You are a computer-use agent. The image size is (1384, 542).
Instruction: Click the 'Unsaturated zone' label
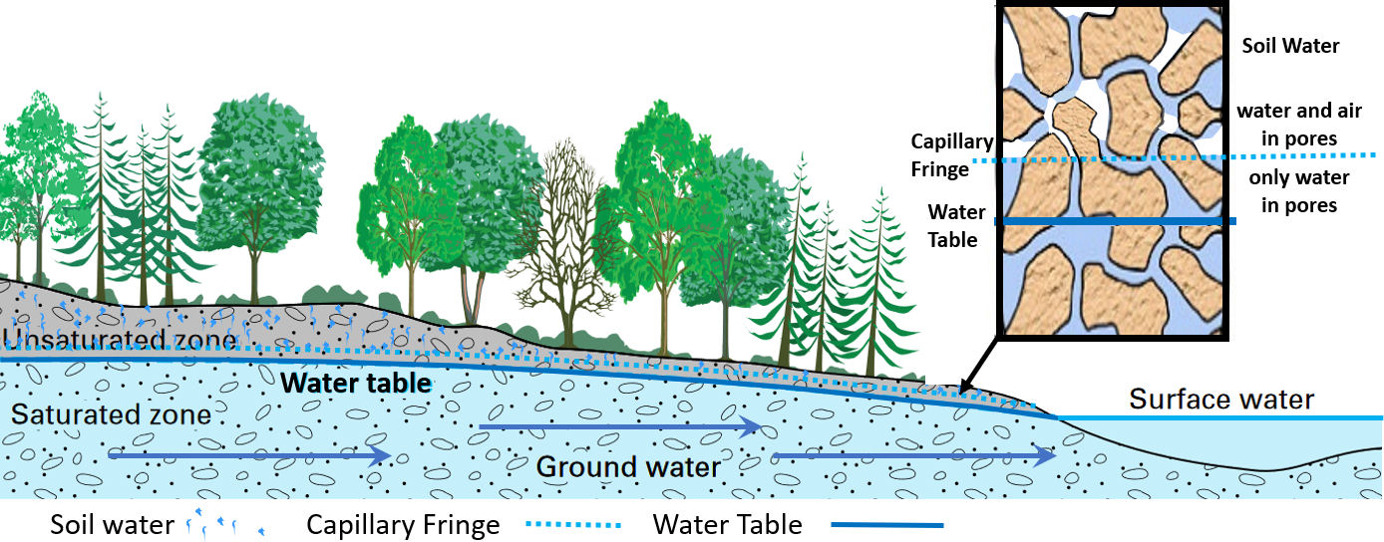click(x=120, y=340)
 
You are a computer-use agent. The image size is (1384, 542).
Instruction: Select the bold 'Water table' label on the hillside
click(x=356, y=383)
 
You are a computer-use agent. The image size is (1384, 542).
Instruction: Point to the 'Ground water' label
click(x=628, y=466)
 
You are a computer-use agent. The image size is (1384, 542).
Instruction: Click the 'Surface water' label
click(x=1221, y=400)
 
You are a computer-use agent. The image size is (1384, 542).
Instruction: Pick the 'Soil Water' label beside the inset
click(x=1290, y=46)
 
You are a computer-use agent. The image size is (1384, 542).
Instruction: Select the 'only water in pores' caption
click(x=1298, y=191)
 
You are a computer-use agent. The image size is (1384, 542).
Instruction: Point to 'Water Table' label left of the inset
click(x=956, y=225)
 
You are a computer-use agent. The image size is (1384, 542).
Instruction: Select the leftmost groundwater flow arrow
click(x=249, y=456)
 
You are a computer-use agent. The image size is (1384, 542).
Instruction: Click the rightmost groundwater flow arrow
click(x=913, y=456)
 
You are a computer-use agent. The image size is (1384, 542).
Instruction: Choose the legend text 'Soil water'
click(x=112, y=523)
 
